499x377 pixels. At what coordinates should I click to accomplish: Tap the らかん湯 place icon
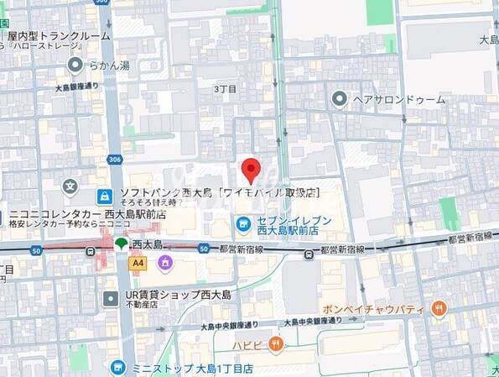tap(75, 65)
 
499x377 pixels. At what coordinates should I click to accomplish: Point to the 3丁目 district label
tap(225, 88)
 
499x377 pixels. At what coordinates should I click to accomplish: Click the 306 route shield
tap(114, 160)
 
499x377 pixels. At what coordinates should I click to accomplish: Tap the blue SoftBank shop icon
tap(104, 196)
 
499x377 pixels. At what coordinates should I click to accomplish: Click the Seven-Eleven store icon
tap(242, 224)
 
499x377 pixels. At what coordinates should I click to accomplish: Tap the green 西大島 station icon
tap(122, 244)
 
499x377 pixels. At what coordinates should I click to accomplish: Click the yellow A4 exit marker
tap(138, 263)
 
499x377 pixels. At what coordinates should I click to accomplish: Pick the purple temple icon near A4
tap(164, 263)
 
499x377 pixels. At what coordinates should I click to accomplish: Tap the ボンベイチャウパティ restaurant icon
tap(439, 309)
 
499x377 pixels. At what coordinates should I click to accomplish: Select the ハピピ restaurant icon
tap(276, 343)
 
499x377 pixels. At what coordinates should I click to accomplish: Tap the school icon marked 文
tap(70, 185)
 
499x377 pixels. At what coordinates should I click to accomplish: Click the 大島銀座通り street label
tap(77, 86)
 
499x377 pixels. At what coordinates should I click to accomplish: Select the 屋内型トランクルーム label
tap(58, 37)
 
